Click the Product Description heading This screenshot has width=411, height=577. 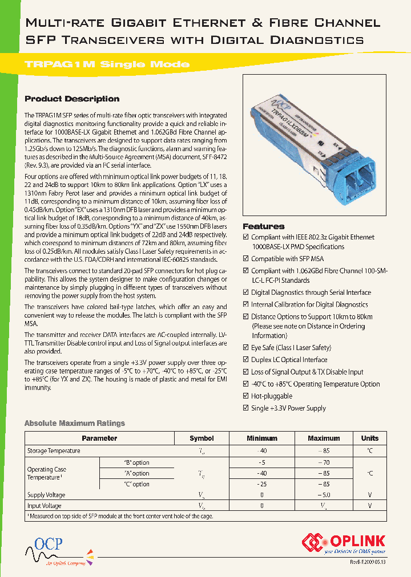click(72, 99)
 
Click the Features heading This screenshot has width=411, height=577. click(263, 226)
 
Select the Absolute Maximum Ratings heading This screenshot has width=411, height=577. click(74, 423)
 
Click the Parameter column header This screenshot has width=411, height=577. click(99, 438)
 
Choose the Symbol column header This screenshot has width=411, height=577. click(202, 438)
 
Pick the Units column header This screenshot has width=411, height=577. click(369, 438)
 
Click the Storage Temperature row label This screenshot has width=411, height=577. click(54, 451)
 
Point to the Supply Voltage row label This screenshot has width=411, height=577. click(46, 495)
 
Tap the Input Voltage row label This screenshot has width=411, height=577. click(45, 506)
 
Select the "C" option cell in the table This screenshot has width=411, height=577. click(136, 484)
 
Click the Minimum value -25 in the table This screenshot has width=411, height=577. click(261, 484)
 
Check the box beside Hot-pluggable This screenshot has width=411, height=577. click(246, 396)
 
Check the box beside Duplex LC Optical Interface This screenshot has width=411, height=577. click(246, 360)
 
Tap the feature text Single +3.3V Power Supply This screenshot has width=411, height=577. click(288, 408)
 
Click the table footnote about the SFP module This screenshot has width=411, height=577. click(123, 516)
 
